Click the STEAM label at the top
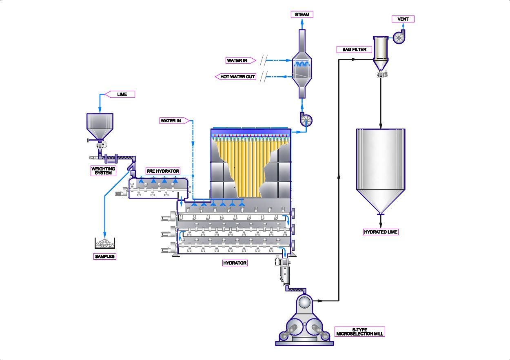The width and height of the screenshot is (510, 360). pos(302,15)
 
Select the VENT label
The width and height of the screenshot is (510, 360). pos(403,19)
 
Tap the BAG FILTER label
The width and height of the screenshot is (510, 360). pos(351,50)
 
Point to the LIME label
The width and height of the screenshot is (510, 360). pos(122,94)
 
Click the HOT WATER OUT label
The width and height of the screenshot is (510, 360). pos(237,77)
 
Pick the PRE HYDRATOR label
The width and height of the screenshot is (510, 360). pos(163,171)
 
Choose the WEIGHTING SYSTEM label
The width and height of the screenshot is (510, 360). pos(103,171)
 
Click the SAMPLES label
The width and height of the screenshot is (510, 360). pos(105,256)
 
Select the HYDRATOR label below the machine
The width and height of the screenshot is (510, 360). pos(235,263)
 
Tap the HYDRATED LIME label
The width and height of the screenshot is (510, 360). pos(381,232)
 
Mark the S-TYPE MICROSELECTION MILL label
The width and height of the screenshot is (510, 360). pos(359,331)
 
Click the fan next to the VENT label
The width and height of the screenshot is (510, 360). pos(399,37)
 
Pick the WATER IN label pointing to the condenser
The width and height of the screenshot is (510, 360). pos(237,61)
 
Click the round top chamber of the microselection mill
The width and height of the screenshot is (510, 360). pos(303,302)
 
